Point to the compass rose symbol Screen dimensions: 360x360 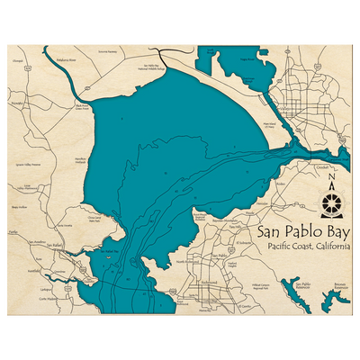point(333,200)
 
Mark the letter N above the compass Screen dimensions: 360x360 point(333,178)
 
